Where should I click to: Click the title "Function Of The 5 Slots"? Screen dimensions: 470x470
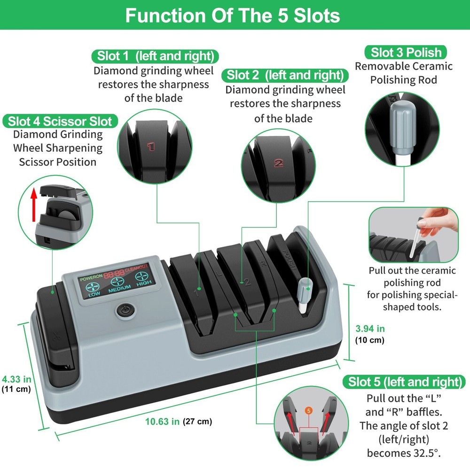(233, 16)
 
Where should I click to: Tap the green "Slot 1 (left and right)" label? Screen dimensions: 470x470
(155, 56)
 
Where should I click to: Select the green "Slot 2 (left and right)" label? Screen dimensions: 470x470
(284, 75)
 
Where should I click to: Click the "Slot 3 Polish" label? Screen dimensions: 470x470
(406, 52)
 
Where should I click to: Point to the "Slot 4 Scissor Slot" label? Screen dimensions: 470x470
(60, 121)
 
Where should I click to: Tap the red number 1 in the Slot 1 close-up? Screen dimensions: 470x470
(151, 147)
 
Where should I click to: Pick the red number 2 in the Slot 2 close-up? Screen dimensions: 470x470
(279, 163)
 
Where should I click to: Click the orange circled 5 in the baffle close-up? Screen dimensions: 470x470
(308, 411)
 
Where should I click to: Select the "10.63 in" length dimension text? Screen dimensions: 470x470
(162, 422)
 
